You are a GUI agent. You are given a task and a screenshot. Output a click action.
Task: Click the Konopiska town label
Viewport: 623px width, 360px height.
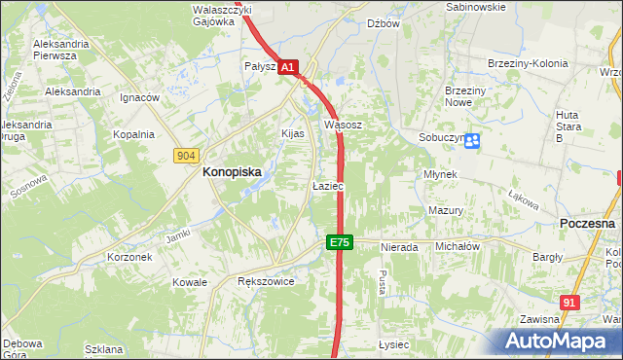click(x=232, y=171)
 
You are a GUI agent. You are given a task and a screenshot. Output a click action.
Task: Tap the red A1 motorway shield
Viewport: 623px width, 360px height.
click(x=288, y=67)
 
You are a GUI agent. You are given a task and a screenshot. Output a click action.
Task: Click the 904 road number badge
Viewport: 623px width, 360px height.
click(x=187, y=156)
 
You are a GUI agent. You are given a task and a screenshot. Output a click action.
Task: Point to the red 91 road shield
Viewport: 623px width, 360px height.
click(x=570, y=303)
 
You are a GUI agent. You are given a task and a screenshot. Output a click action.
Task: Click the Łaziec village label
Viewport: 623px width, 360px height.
click(x=327, y=185)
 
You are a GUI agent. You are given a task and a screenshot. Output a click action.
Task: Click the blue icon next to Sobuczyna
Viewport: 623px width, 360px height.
click(x=472, y=141)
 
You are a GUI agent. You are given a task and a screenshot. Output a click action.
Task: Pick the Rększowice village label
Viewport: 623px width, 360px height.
click(x=266, y=281)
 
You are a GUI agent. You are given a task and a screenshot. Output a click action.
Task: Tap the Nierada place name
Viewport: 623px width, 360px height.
click(x=399, y=247)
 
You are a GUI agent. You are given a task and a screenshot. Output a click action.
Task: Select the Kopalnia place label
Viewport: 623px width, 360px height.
click(x=133, y=135)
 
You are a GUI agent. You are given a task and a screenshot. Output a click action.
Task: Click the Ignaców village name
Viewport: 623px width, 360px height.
click(x=139, y=98)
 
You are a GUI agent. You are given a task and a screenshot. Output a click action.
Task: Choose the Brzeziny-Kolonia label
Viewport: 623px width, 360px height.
click(x=527, y=64)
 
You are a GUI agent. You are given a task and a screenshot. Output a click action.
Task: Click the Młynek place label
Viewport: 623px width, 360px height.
click(x=441, y=173)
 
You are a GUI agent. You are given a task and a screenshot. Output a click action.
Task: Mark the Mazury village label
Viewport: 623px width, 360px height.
click(x=445, y=210)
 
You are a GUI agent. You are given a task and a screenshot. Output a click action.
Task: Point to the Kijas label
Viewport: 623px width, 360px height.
click(x=293, y=133)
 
